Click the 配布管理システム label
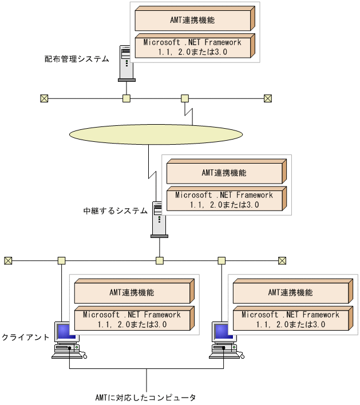[x=77, y=59]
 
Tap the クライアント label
[x=25, y=337]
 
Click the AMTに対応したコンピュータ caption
[x=146, y=396]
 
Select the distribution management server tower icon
[x=125, y=63]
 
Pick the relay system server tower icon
[x=159, y=219]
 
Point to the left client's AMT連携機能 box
[x=132, y=293]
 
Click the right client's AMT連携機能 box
[x=291, y=293]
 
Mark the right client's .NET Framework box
[x=291, y=319]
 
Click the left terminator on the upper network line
[x=44, y=98]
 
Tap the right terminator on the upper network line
[x=267, y=98]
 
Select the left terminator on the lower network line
[x=8, y=261]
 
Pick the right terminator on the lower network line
[x=282, y=261]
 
